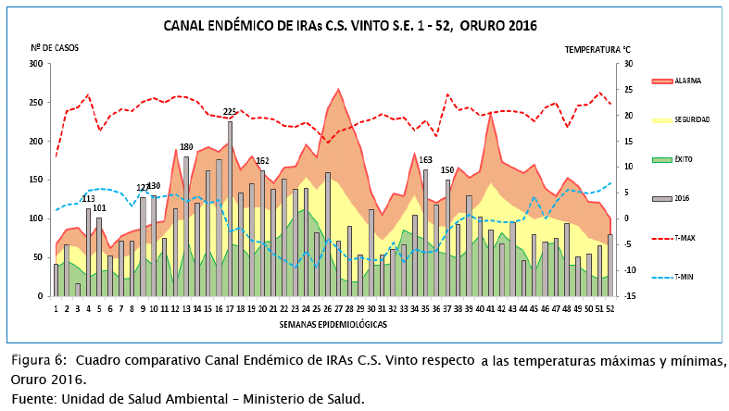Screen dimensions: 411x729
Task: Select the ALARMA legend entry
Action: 687,81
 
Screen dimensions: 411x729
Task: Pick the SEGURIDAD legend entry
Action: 692,120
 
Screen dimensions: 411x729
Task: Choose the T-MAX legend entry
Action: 685,237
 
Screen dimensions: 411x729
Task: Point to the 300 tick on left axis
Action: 36,64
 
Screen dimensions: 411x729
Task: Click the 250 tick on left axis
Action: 36,103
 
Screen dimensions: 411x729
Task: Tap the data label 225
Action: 230,112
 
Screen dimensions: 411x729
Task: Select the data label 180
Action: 186,147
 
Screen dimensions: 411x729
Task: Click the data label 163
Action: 425,160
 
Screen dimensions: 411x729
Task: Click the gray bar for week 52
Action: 610,265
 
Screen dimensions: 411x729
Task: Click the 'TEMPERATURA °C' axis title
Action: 597,47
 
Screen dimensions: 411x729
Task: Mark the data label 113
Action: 89,199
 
